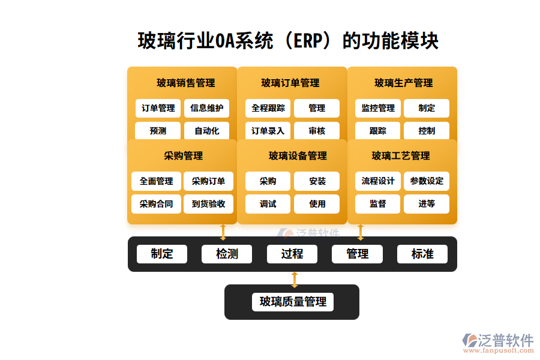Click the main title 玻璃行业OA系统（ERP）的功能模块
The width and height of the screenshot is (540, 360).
288,41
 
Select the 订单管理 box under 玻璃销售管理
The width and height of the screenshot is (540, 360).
158,109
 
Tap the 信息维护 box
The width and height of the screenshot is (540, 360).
207,109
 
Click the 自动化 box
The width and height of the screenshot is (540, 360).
207,131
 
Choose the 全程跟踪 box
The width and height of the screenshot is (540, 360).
268,109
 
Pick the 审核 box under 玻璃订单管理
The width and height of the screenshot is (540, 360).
317,131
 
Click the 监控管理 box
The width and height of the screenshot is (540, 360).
378,109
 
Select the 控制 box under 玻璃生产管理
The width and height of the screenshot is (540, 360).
427,131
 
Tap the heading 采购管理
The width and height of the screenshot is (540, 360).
183,155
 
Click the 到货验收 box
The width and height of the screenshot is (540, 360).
209,204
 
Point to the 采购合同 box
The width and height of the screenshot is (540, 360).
156,204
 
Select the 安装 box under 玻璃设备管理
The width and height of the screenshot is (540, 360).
317,181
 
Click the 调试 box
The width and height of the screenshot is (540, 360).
268,204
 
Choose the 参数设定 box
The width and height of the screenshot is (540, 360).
427,181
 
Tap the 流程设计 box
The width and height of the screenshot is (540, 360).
378,181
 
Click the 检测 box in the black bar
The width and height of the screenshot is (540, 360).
227,254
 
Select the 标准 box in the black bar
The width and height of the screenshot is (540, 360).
422,254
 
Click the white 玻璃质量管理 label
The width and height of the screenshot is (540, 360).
292,302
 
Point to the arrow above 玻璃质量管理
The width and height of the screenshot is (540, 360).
294,279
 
